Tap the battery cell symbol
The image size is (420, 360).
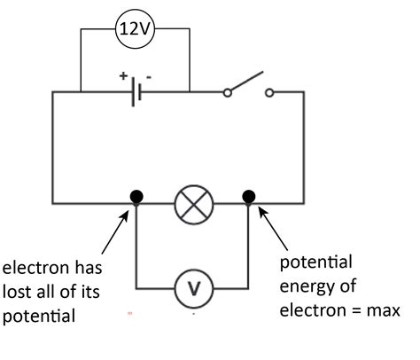[x=135, y=91]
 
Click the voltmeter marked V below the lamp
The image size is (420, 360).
[x=192, y=287]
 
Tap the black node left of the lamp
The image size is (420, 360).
[x=136, y=196]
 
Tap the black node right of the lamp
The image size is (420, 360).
[x=249, y=196]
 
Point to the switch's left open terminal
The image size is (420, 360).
[x=227, y=91]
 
